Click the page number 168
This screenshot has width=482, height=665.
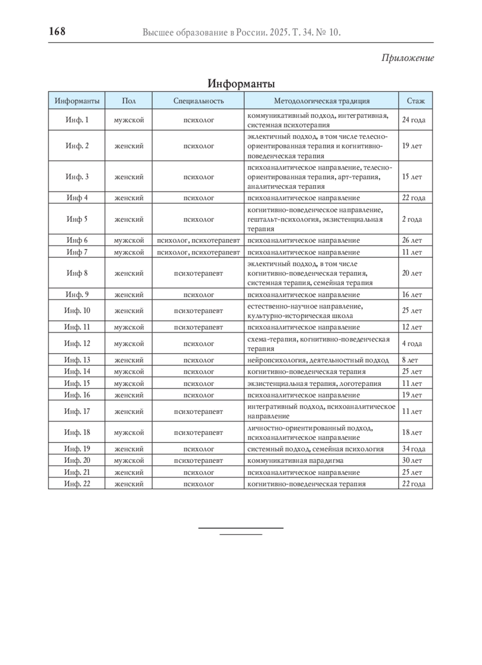(57, 31)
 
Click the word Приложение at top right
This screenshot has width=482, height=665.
(407, 58)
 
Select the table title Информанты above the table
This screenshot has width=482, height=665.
(241, 84)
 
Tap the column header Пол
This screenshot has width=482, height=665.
(129, 101)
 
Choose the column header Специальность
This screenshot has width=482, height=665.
(198, 101)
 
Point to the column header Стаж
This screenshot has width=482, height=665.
(415, 101)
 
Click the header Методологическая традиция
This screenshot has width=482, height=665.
(321, 101)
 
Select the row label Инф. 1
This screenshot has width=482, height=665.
(77, 120)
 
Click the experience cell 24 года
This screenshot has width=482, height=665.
(413, 120)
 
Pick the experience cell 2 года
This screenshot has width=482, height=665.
(412, 219)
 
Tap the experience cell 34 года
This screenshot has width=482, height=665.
(413, 449)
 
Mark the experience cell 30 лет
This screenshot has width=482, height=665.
(412, 460)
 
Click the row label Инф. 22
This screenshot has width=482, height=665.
(77, 484)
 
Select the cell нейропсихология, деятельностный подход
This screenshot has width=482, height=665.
(318, 360)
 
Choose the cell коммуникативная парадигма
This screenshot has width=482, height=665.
(295, 460)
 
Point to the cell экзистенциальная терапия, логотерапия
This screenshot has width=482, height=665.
(314, 383)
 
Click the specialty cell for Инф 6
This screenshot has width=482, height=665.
(198, 240)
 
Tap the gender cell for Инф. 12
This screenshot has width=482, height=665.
(129, 344)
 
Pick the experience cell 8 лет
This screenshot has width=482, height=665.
(410, 360)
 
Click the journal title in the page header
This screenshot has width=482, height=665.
(241, 32)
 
